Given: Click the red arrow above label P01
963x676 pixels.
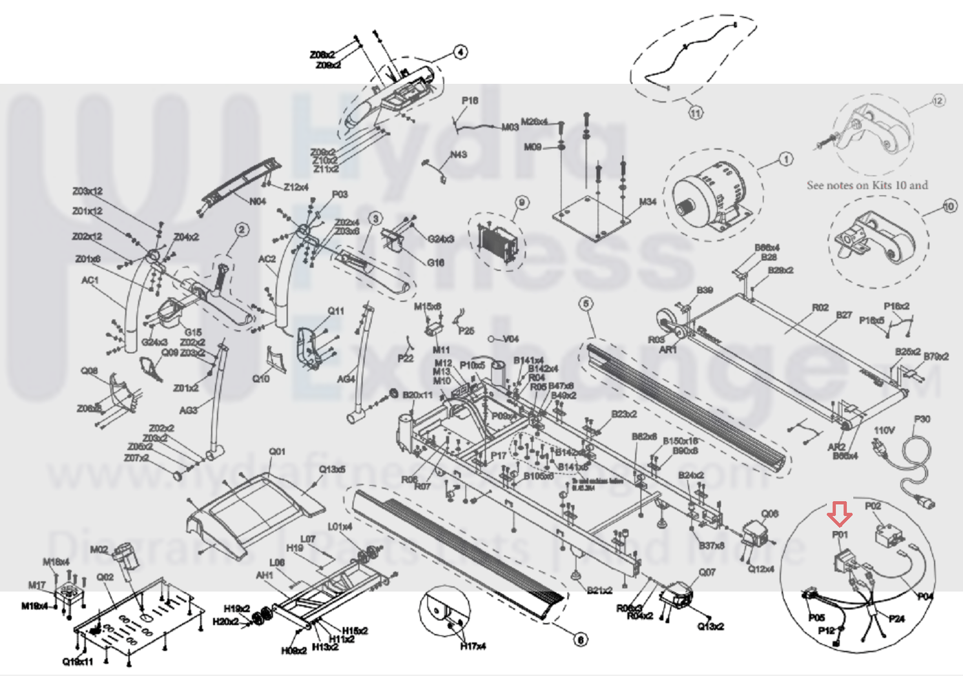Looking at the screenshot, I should (840, 513).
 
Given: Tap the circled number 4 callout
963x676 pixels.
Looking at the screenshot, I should (460, 52).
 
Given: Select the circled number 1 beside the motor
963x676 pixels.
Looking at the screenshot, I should (785, 159).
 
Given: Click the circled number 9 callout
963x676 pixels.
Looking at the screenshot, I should (522, 203).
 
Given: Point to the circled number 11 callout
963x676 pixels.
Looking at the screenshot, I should (695, 113).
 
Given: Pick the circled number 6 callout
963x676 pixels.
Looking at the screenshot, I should (581, 639).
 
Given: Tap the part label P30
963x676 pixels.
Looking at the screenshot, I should (922, 419).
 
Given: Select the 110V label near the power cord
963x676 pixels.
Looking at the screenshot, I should (884, 429).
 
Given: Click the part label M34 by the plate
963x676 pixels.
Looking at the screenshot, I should (647, 202).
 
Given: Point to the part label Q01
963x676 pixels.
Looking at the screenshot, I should (277, 451).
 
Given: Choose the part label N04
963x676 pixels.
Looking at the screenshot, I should (258, 201).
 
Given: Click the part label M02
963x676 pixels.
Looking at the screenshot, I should (99, 549).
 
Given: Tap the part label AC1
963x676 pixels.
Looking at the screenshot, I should (90, 280).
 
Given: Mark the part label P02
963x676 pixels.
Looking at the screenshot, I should (873, 506).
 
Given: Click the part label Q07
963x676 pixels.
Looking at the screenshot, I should (707, 572).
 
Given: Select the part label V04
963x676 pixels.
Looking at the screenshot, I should (511, 339).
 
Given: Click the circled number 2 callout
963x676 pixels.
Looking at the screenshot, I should (242, 230).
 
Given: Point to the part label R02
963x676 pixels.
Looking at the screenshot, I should (820, 307).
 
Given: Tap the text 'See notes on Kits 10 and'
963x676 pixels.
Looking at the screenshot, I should (867, 185).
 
